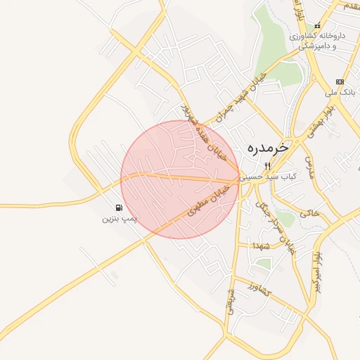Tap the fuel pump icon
[118, 208]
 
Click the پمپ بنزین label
[118, 219]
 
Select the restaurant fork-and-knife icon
[267, 166]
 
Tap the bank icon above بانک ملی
[340, 82]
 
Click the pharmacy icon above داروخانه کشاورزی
[318, 26]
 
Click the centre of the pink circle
[180, 180]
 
